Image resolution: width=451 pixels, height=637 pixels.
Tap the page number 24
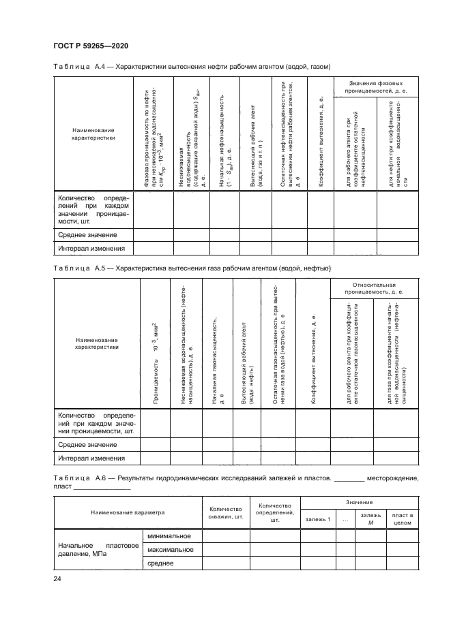57,578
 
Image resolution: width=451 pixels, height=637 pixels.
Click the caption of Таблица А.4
192,67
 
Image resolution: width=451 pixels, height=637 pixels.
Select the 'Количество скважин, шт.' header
225,512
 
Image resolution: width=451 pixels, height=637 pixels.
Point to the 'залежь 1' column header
317,519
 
